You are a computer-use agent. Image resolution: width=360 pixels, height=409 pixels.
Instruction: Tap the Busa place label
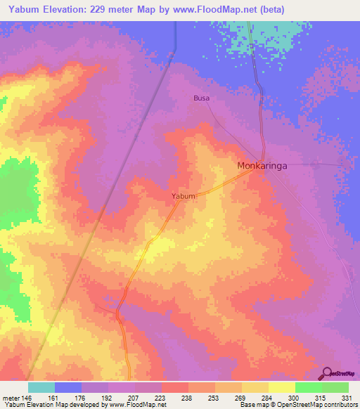201,99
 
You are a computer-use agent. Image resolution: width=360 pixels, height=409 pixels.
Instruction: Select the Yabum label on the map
183,197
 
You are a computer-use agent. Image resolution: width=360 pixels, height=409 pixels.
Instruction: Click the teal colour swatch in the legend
41,387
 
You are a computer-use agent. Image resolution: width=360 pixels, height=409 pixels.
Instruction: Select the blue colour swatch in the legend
68,387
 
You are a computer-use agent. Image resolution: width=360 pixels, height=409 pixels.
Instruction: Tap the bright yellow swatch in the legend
281,387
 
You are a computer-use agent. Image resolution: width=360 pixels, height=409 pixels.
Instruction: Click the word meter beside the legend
11,397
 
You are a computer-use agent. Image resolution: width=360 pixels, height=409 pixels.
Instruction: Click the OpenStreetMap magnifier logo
328,372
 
